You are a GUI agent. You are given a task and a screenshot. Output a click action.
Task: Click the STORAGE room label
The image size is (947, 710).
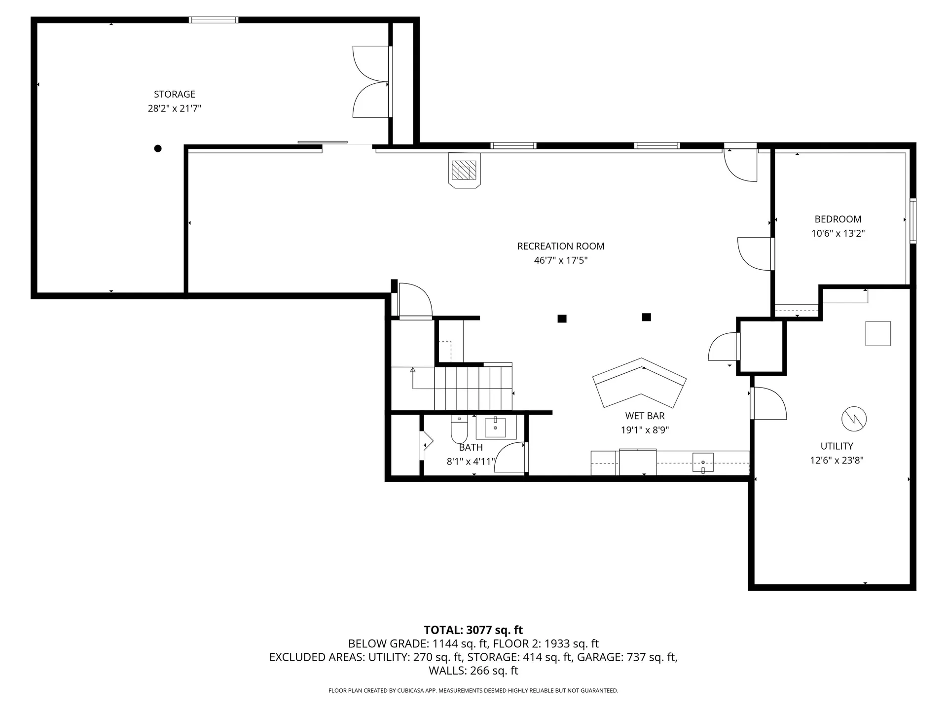click(x=175, y=94)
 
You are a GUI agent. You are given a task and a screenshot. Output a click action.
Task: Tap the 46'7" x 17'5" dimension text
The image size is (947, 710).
click(x=561, y=260)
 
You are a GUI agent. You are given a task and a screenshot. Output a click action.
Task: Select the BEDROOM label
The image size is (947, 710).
click(x=838, y=219)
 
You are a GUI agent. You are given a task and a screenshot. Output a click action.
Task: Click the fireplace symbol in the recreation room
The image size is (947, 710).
click(x=464, y=171)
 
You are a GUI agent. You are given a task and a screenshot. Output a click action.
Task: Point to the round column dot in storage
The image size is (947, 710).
click(x=158, y=148)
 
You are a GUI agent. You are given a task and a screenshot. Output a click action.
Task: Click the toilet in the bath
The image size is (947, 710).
click(x=459, y=430)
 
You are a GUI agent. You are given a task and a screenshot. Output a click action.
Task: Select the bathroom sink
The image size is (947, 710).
click(x=495, y=427)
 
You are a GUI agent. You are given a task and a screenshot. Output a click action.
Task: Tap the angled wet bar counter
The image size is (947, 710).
click(x=640, y=383)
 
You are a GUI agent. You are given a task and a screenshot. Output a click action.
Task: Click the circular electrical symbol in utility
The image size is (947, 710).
click(x=854, y=419)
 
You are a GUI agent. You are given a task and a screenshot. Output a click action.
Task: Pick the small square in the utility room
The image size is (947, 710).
click(x=878, y=333)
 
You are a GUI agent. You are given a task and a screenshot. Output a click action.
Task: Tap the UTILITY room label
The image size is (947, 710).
click(x=837, y=446)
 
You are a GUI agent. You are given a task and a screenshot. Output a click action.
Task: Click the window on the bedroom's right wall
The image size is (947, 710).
click(x=913, y=220)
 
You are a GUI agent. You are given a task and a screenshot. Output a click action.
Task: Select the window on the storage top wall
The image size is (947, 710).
click(x=214, y=20)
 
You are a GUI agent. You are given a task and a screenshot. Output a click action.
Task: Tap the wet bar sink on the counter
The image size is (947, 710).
click(x=703, y=462)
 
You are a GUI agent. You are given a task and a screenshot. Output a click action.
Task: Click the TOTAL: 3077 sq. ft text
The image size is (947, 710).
click(x=473, y=630)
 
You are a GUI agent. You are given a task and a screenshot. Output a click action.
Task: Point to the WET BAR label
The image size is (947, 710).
click(x=645, y=416)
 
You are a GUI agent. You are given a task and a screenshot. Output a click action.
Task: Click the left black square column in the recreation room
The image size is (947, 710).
click(x=562, y=319)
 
